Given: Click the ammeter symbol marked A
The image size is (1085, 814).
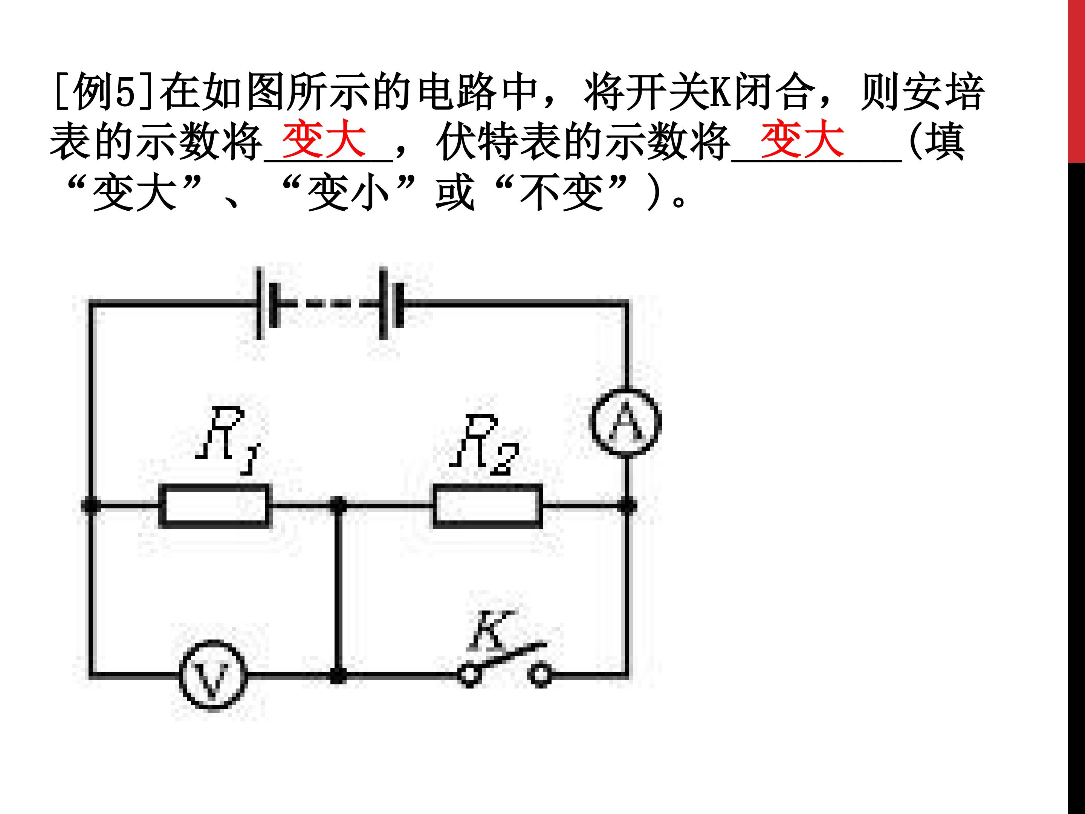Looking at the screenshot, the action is pos(625,422).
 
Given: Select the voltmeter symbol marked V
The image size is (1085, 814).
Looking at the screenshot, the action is pos(213,676).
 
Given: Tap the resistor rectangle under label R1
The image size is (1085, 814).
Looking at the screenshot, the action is pos(215,505).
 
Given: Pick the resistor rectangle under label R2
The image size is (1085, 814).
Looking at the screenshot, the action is pos(487,505).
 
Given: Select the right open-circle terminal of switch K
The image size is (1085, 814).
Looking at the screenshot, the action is pos(541,676).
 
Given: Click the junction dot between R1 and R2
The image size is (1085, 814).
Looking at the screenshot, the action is pos(338,505).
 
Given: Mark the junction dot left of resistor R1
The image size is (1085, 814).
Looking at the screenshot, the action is pos(91,505).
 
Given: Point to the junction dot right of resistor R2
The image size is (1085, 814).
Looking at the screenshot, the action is pos(627,505).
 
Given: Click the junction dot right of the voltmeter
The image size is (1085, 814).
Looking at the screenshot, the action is pos(338,676).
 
